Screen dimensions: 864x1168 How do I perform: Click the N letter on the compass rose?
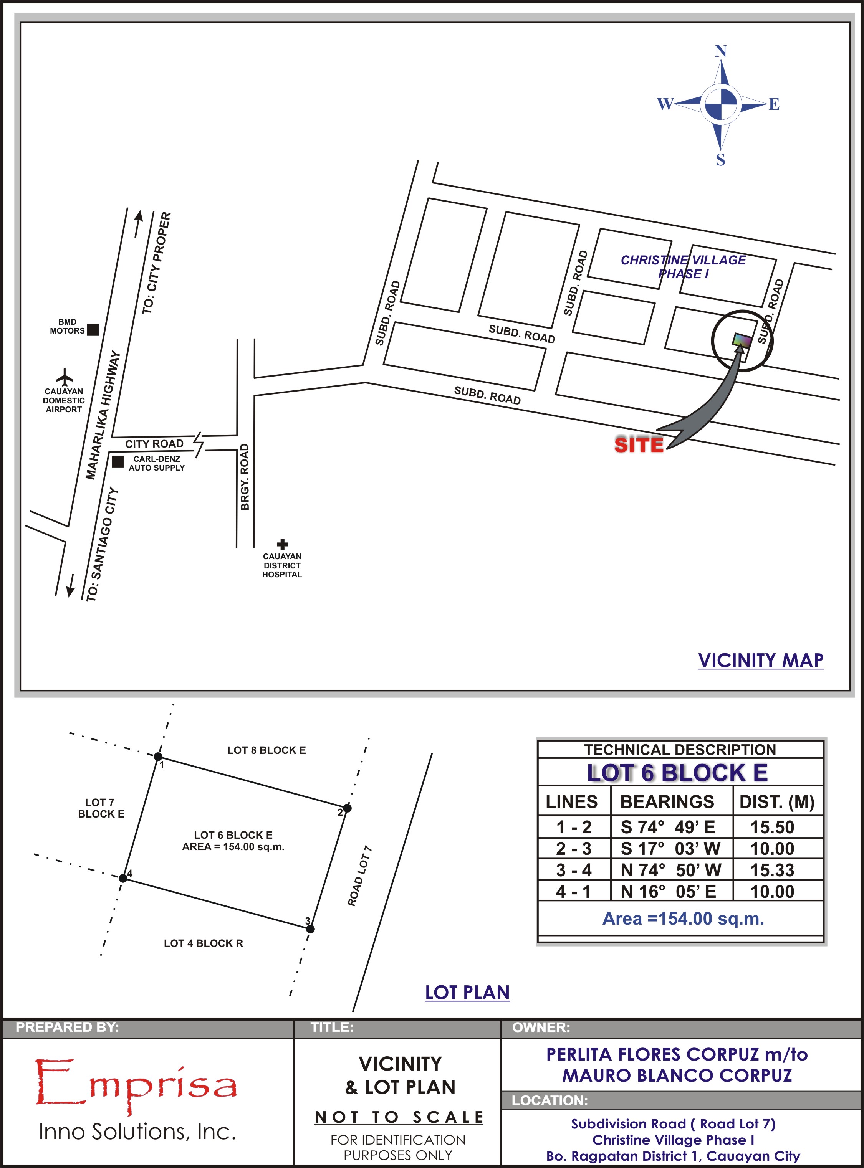[x=721, y=51]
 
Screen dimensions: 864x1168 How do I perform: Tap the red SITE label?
[x=639, y=445]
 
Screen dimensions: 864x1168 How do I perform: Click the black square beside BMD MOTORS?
[x=93, y=329]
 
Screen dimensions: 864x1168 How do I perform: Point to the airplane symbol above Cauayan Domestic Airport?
[x=65, y=377]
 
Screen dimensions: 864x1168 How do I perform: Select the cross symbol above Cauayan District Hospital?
[x=282, y=544]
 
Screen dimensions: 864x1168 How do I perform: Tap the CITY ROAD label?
[x=154, y=444]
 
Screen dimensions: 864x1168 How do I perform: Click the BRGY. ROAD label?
[x=244, y=477]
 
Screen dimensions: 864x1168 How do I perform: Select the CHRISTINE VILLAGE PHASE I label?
[x=684, y=267]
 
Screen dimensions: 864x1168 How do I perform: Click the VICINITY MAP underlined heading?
[x=761, y=660]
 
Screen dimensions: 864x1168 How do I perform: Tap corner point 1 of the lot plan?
[x=158, y=757]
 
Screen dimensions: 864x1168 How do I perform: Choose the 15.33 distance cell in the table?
[x=773, y=870]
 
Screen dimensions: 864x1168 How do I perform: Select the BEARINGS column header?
[x=667, y=801]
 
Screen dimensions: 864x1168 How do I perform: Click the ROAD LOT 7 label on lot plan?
[x=360, y=875]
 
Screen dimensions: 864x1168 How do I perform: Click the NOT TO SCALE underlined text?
[x=399, y=1117]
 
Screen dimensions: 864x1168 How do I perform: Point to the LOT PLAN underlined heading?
[x=468, y=992]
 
